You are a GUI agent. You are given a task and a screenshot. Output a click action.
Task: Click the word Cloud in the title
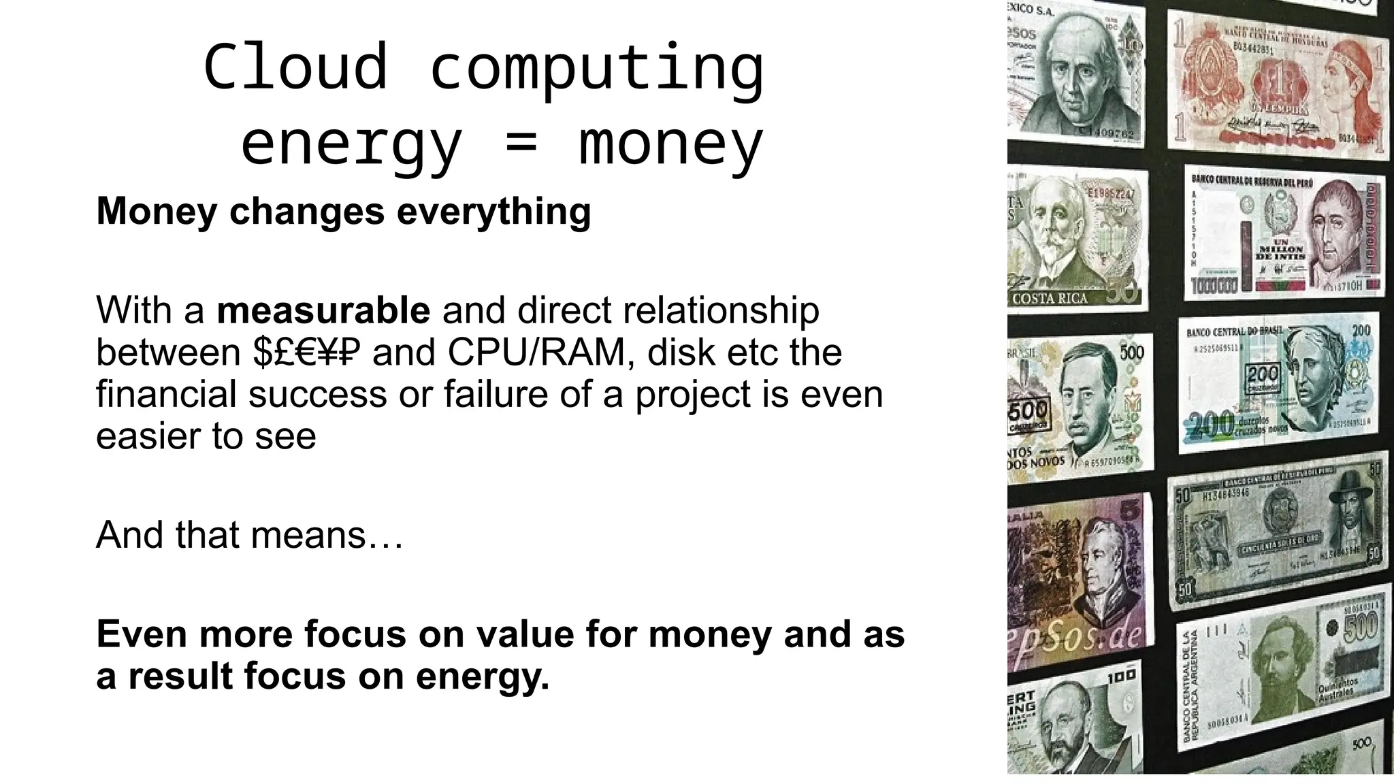[295, 67]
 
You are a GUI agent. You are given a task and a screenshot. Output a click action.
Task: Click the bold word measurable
[323, 310]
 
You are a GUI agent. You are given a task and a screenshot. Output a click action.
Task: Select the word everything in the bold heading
[493, 211]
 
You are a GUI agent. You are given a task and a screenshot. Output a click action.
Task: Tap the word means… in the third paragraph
[327, 535]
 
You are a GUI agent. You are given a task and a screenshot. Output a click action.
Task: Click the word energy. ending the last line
[482, 676]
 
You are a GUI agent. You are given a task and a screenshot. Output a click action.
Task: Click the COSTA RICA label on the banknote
[1050, 299]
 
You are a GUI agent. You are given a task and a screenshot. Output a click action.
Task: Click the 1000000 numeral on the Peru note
[1214, 284]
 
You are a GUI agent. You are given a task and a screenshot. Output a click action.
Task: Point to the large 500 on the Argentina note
[1360, 626]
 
